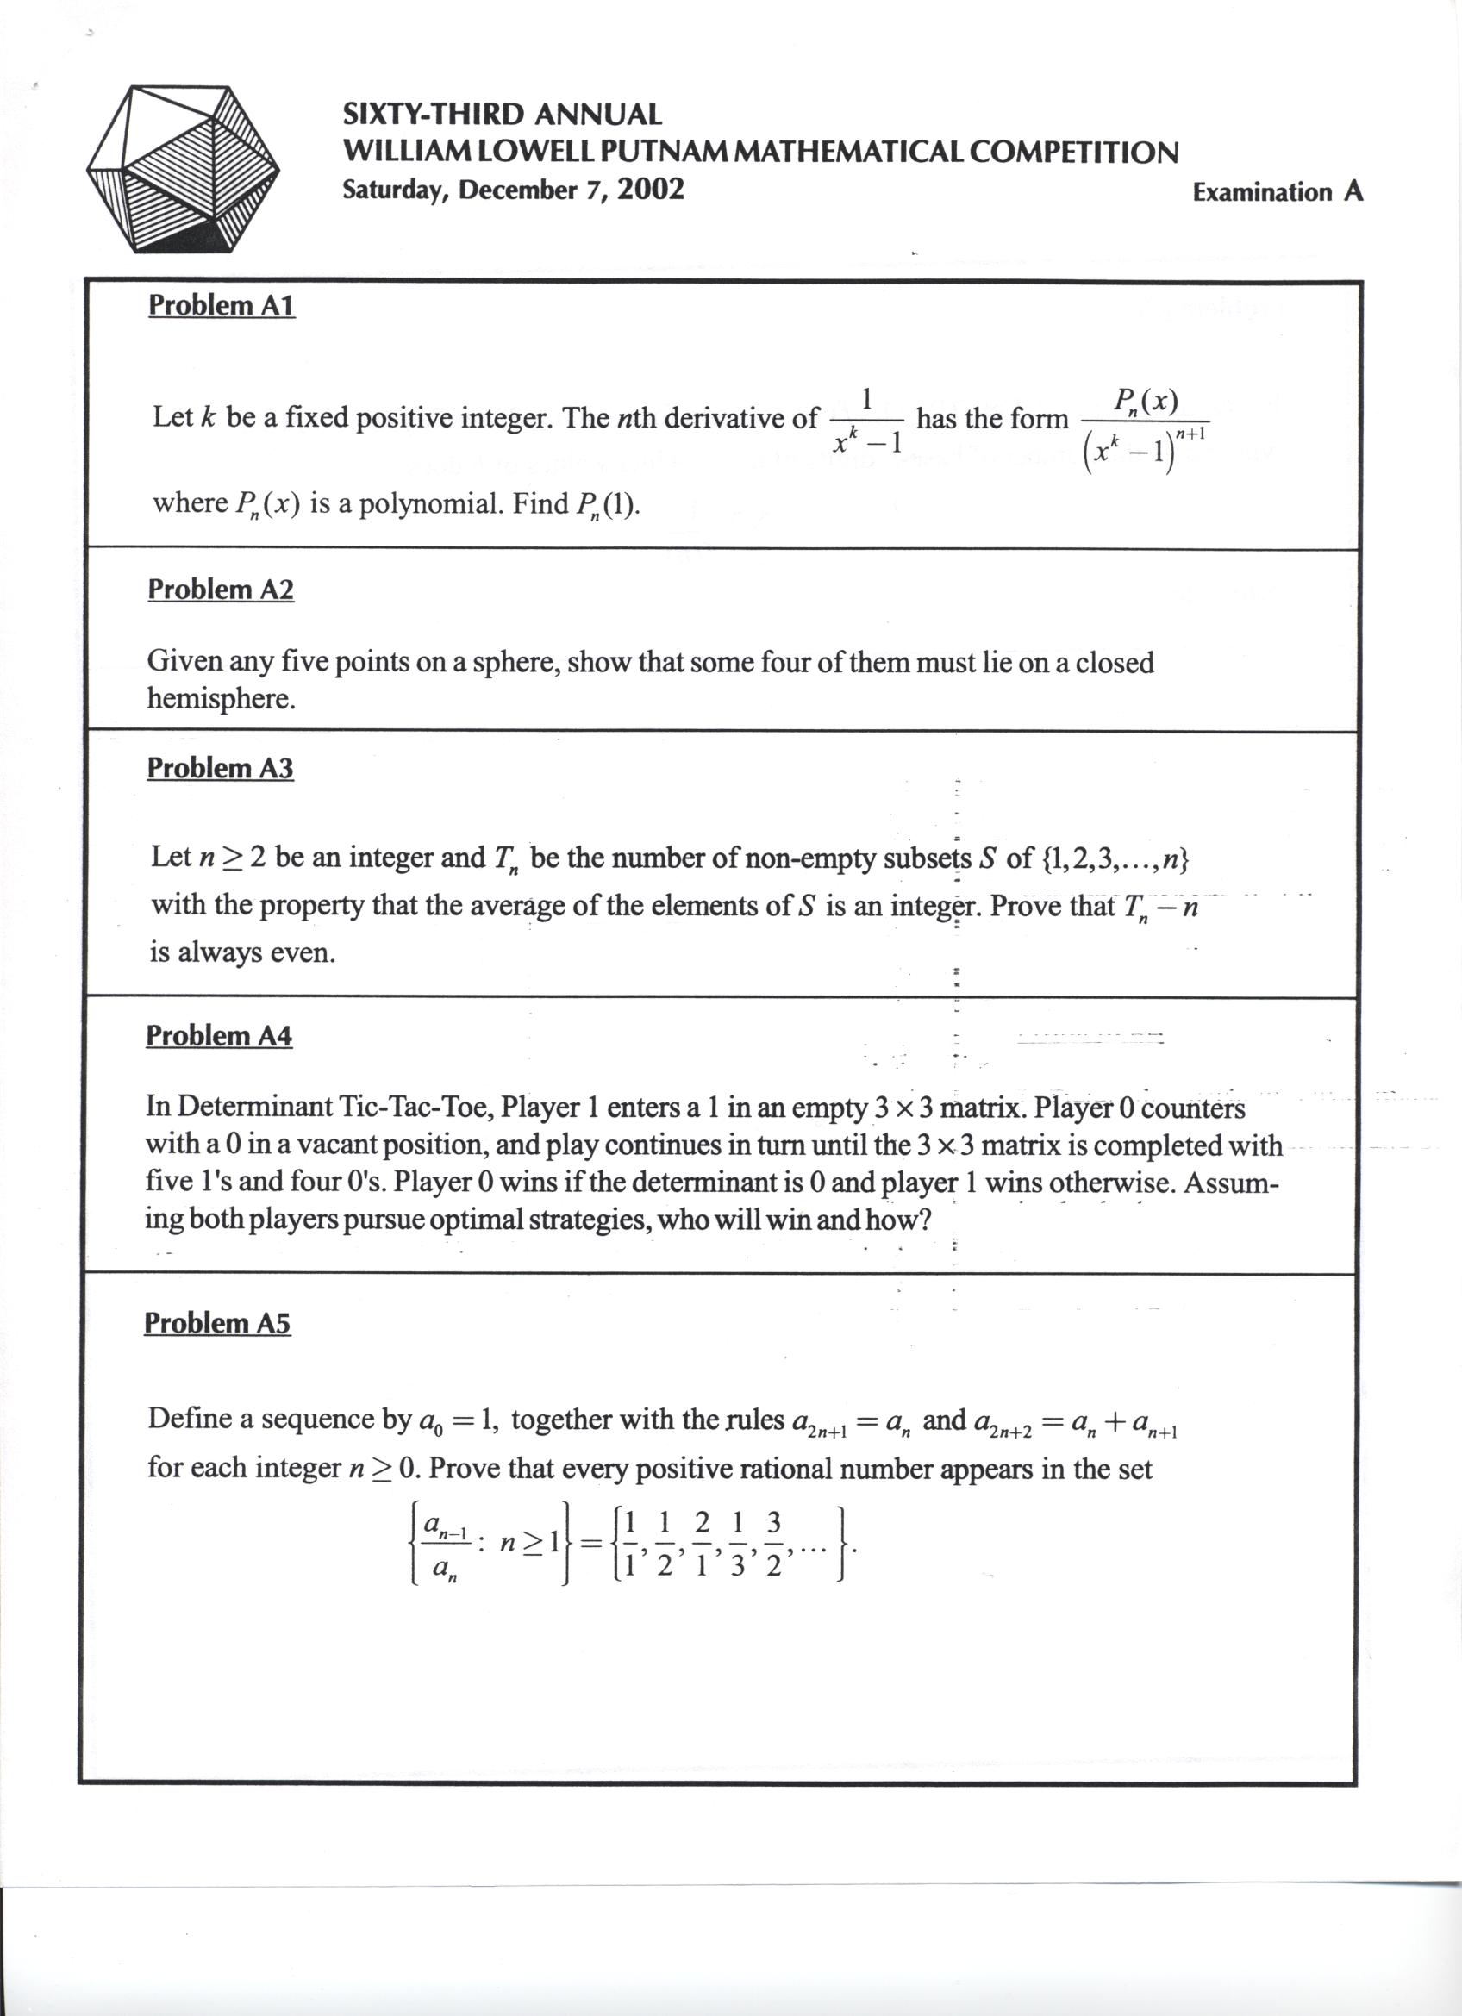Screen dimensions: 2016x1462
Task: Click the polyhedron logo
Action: (x=183, y=169)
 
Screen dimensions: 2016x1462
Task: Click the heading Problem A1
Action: (x=222, y=305)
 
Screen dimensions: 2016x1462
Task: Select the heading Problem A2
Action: (x=221, y=590)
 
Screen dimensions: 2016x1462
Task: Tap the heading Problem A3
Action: (x=220, y=768)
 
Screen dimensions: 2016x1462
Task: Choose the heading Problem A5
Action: (x=217, y=1324)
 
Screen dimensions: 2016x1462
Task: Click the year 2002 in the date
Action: (x=651, y=190)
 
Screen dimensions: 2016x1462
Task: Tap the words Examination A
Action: (x=1278, y=192)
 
